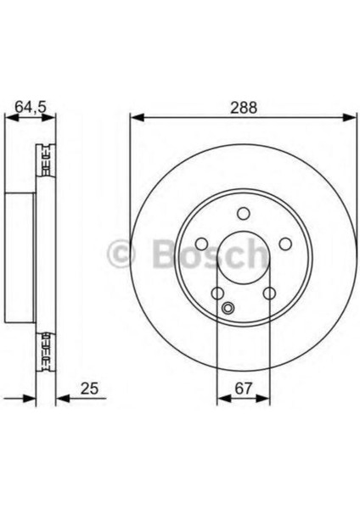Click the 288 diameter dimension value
point(244,108)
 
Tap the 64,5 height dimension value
point(31,107)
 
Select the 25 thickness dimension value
point(89,389)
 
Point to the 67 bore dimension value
point(244,389)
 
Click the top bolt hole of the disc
point(244,214)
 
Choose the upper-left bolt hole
point(202,243)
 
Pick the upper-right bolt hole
point(285,243)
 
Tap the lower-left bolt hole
point(217,294)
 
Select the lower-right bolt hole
point(269,294)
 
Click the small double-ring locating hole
point(228,308)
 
